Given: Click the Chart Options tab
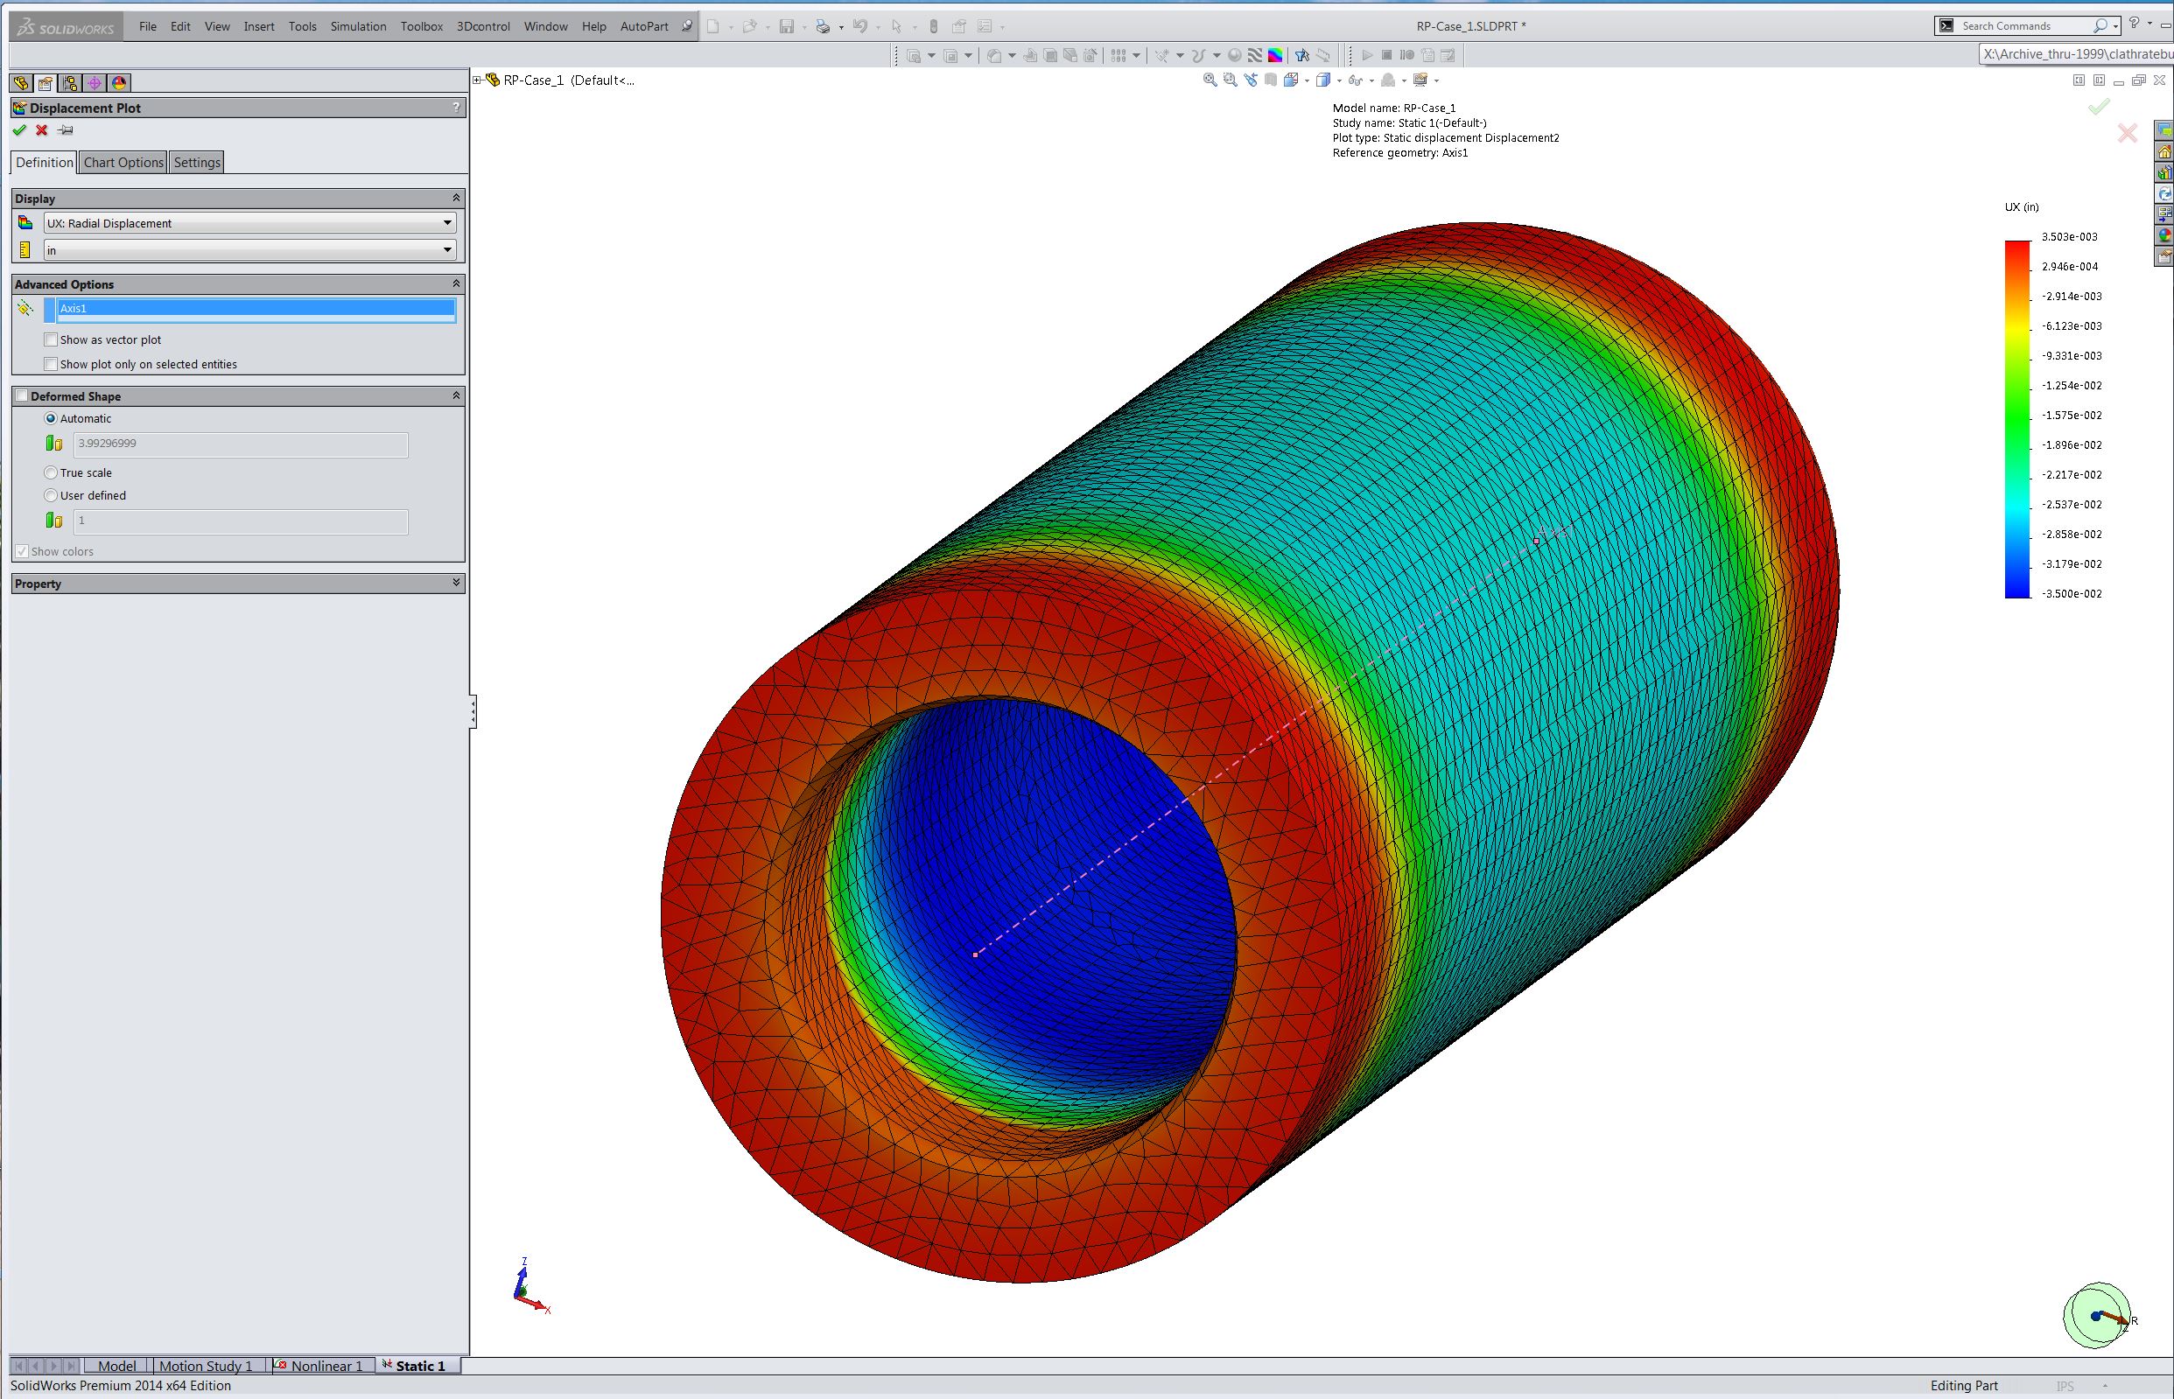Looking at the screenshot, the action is pos(123,163).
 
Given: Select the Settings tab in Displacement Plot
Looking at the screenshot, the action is pos(197,163).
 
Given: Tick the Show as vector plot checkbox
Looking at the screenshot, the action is pos(52,339).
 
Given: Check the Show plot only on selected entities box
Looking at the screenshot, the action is pos(52,364).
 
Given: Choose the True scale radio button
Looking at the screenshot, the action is pos(51,472).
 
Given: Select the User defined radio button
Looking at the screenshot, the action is pos(51,495).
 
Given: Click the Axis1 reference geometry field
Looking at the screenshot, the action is pos(256,309).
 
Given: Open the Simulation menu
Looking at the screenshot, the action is pos(358,26).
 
